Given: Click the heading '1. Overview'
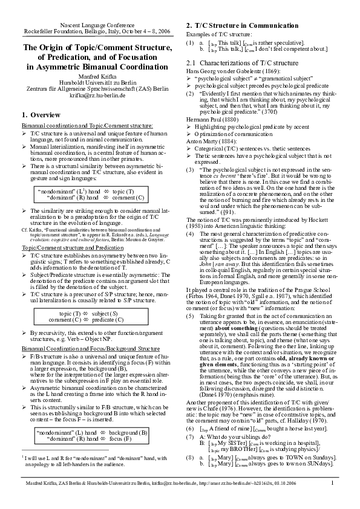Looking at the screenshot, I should (41, 114).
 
